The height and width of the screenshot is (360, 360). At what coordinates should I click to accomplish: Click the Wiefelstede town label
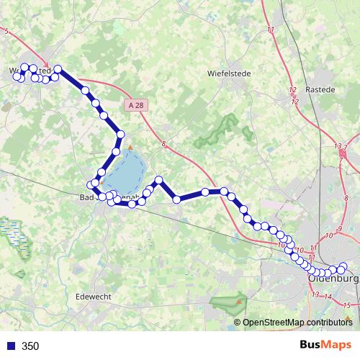228,73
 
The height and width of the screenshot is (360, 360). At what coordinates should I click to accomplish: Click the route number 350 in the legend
30,346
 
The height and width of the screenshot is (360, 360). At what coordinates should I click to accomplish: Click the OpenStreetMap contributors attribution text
297,322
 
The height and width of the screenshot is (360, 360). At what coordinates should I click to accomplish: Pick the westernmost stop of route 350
17,76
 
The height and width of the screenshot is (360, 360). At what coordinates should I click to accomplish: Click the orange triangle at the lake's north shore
130,148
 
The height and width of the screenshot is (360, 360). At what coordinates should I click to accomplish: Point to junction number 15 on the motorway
346,306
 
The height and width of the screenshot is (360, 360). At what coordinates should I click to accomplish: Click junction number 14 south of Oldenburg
328,297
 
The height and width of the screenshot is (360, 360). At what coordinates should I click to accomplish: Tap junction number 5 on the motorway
6,32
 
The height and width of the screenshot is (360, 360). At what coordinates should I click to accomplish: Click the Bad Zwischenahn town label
108,196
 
